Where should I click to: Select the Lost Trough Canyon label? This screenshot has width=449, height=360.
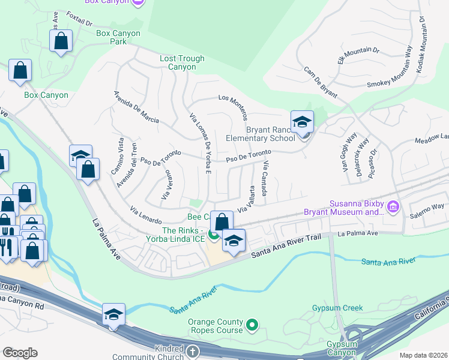[x=182, y=63]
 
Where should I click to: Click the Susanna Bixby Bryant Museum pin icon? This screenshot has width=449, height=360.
[x=394, y=208]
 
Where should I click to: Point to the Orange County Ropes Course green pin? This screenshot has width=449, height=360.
[x=253, y=326]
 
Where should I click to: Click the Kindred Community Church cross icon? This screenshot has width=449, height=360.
[x=191, y=351]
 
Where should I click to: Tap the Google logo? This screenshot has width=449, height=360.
[x=20, y=353]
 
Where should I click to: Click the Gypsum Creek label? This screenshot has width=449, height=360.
[x=337, y=308]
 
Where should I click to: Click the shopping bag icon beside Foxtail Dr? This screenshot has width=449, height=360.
[x=61, y=41]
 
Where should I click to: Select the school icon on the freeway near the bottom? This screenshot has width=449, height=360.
[x=113, y=315]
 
